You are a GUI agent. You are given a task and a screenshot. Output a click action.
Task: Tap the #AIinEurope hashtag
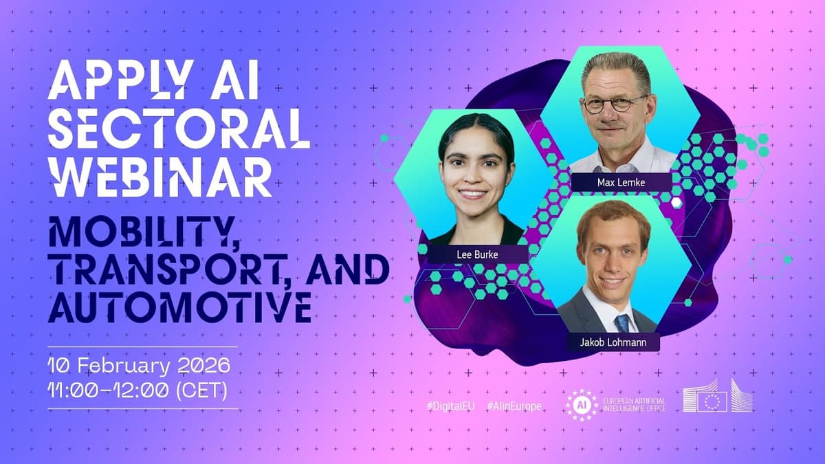514,406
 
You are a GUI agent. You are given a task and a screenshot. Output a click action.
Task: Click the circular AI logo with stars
582,404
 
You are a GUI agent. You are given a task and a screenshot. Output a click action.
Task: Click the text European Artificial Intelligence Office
633,404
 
